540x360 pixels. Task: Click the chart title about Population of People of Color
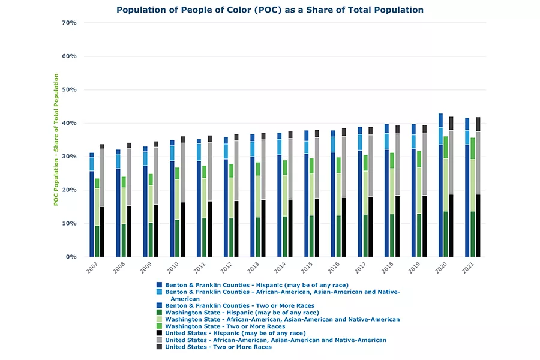(269, 10)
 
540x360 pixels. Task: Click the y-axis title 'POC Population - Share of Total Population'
(56, 140)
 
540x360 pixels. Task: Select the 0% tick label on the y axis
(71, 257)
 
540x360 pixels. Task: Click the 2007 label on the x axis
(92, 268)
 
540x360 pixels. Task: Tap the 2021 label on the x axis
(466, 268)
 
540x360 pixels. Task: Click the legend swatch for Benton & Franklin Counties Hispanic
(159, 285)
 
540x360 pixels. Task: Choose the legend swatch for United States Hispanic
(159, 333)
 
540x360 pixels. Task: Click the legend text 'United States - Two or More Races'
(218, 347)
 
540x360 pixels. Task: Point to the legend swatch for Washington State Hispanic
(159, 313)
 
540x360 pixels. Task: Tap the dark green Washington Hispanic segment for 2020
(446, 234)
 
